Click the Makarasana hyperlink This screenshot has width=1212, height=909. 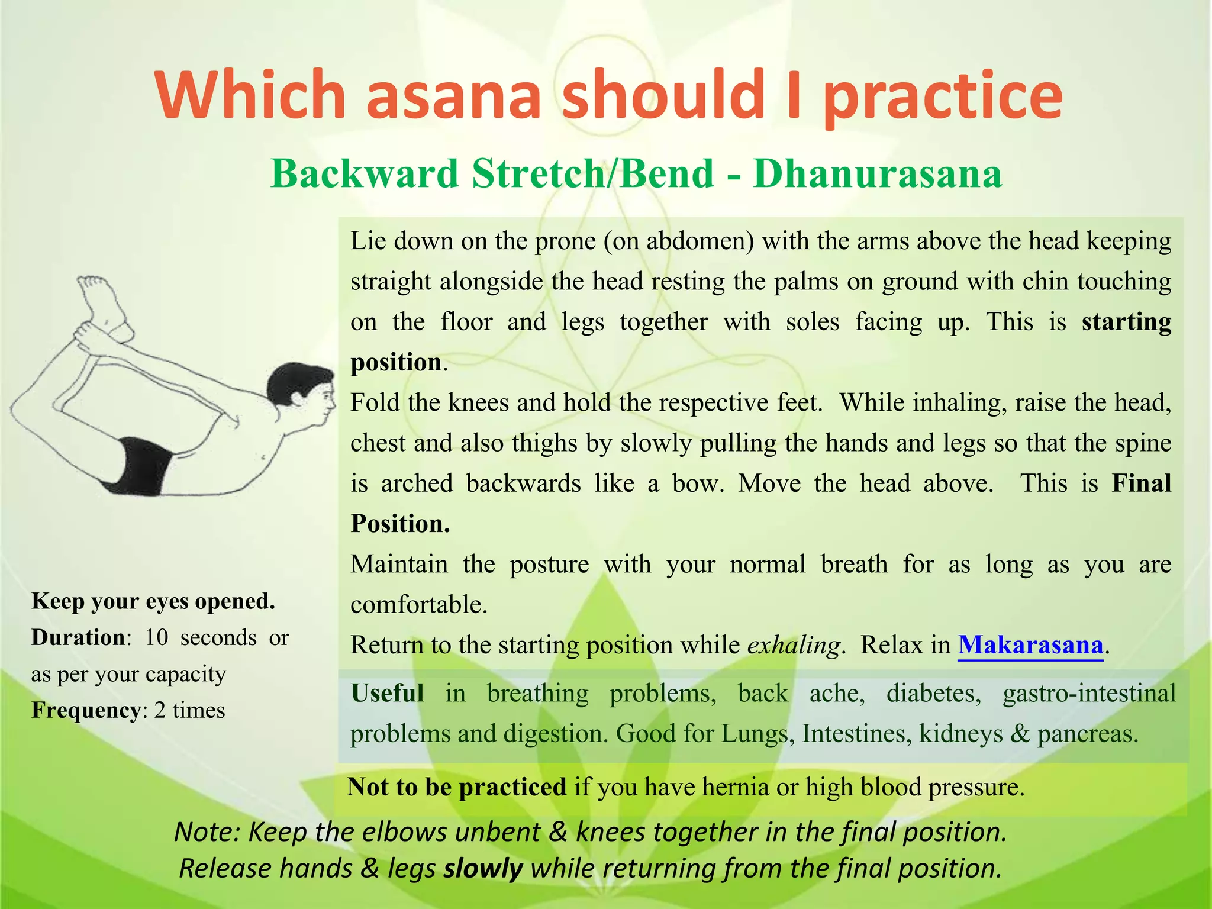tap(1030, 644)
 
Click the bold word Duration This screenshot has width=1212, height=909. tap(78, 637)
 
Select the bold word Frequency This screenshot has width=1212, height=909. tap(86, 710)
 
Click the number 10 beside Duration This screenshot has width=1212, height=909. tap(157, 637)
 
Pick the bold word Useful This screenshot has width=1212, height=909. tap(388, 693)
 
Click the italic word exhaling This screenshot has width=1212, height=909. tap(793, 645)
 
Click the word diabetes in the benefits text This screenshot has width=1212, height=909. tap(933, 693)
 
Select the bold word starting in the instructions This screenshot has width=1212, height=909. tap(1126, 322)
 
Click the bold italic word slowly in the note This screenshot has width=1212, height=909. tap(483, 869)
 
